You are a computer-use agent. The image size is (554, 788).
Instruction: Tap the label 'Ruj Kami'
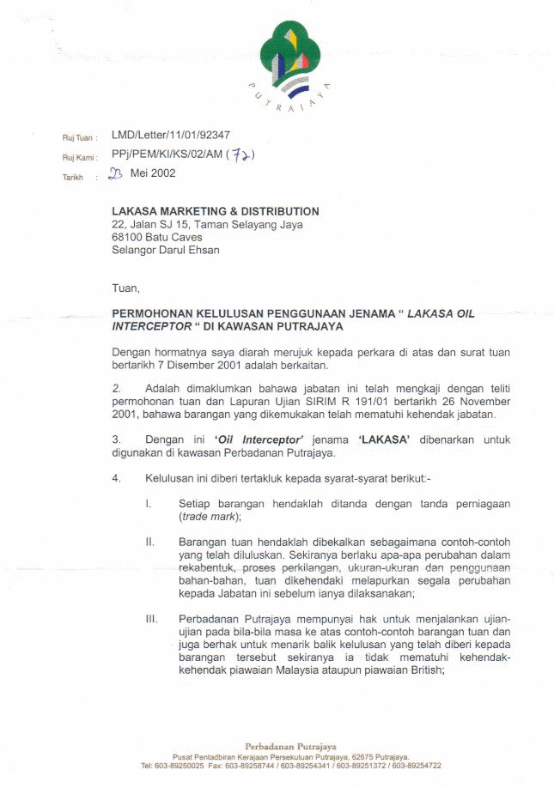click(x=80, y=156)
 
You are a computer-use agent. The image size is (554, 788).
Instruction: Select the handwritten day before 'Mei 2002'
click(x=116, y=174)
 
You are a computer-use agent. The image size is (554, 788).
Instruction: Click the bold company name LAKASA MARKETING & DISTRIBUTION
click(x=216, y=211)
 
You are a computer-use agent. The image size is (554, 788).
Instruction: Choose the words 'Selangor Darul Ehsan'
click(x=166, y=250)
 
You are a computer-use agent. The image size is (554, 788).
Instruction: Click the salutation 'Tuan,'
click(x=125, y=288)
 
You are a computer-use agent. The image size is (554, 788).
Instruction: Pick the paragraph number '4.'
click(x=117, y=477)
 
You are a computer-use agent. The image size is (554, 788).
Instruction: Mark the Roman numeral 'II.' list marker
click(x=149, y=543)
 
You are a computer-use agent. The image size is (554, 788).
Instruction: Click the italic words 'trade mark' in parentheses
click(x=210, y=518)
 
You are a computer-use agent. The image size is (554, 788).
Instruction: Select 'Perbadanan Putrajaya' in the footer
click(x=290, y=746)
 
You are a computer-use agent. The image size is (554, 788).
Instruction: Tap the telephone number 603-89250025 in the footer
click(x=176, y=766)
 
